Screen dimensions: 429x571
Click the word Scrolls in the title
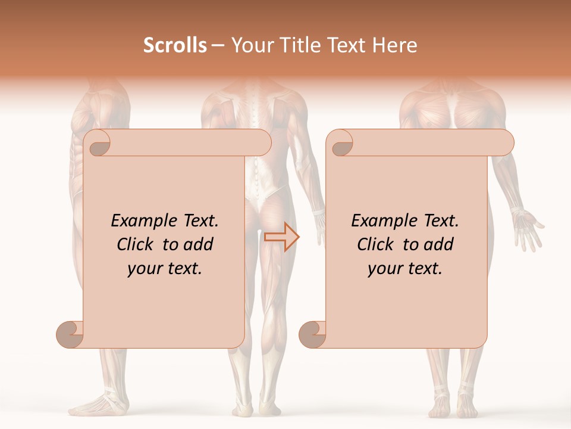click(175, 45)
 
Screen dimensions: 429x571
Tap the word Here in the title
click(394, 45)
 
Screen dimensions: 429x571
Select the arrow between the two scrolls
click(282, 237)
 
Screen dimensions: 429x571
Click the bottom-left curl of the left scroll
click(70, 334)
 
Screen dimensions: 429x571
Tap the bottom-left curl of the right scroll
click(312, 334)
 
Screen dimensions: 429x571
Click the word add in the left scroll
click(199, 244)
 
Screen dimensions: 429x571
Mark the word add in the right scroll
click(440, 244)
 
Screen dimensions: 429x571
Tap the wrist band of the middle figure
click(318, 212)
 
